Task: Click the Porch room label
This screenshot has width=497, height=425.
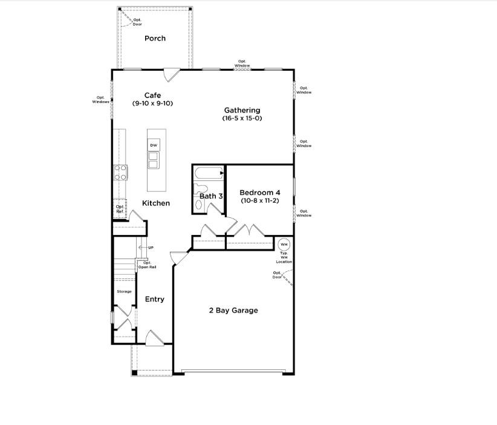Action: click(x=155, y=39)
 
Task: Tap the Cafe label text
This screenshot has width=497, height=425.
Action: click(x=152, y=95)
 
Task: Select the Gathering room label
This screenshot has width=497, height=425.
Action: click(x=242, y=110)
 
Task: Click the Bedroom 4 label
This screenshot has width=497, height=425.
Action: click(x=259, y=192)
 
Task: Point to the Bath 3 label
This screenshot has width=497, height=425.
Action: click(x=211, y=196)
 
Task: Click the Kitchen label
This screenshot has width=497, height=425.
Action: click(x=156, y=203)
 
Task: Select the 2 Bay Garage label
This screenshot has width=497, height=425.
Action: click(x=233, y=311)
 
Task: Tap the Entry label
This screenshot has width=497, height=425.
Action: click(x=155, y=299)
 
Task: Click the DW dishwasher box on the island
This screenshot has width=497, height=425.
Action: click(x=154, y=146)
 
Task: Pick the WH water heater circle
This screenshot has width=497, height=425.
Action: click(x=284, y=245)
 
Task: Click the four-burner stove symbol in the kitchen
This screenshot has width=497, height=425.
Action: click(x=120, y=173)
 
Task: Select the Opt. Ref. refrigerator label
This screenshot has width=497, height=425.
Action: click(x=120, y=209)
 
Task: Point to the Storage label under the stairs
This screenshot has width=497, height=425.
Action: click(x=124, y=292)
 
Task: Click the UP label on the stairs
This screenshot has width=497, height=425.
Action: click(x=151, y=248)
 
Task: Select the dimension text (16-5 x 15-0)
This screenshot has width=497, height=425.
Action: click(x=242, y=119)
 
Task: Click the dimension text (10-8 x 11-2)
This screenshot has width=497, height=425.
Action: click(x=259, y=200)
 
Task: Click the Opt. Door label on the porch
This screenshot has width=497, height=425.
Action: click(x=137, y=22)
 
